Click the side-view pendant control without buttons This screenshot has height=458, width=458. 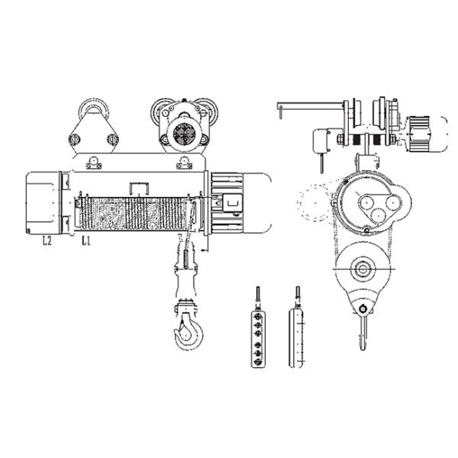coord(296,336)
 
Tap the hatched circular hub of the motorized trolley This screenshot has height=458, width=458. coord(185,134)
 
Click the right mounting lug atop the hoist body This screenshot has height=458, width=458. coord(185,162)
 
